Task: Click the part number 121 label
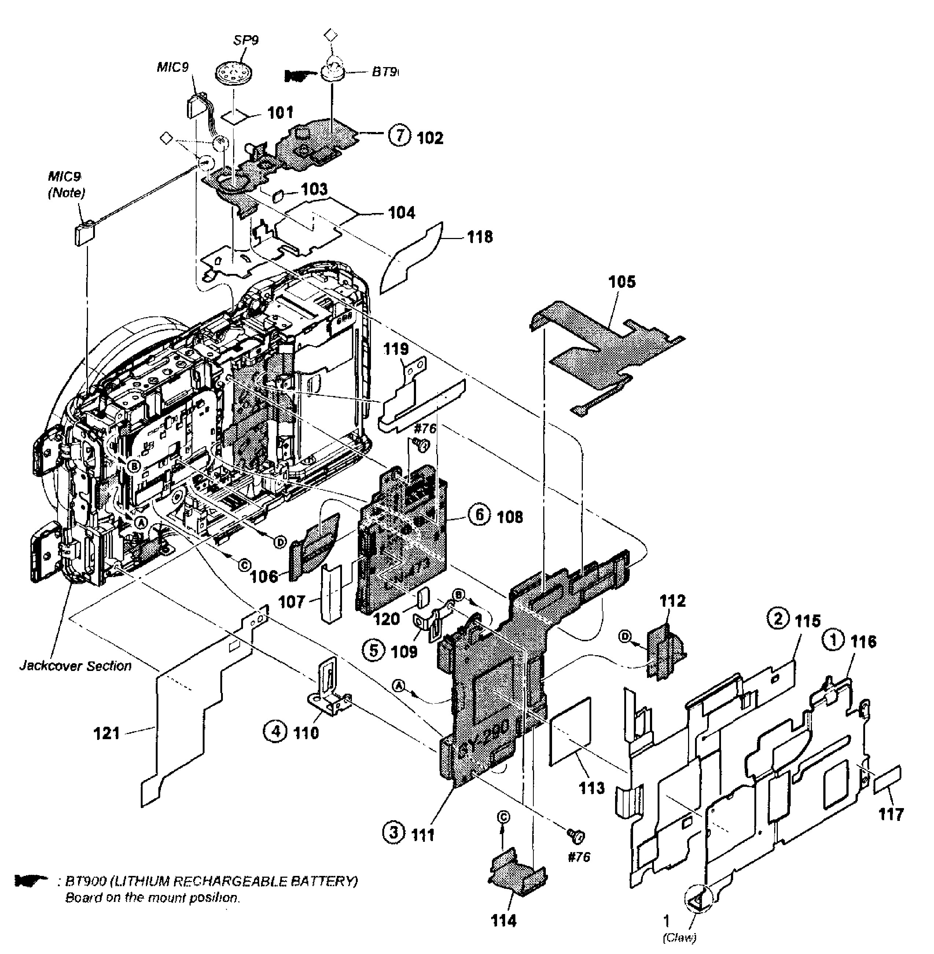106,733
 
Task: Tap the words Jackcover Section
75,666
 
